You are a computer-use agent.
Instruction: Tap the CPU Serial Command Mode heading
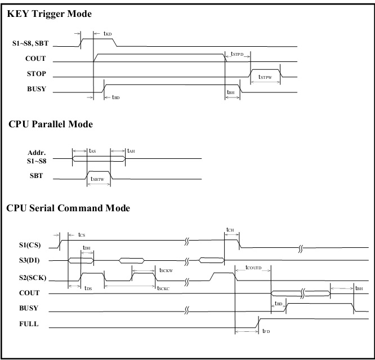[68, 208]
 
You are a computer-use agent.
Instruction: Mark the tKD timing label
[108, 34]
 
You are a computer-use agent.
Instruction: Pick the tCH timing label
[229, 230]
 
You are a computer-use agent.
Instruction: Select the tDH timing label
[86, 248]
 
